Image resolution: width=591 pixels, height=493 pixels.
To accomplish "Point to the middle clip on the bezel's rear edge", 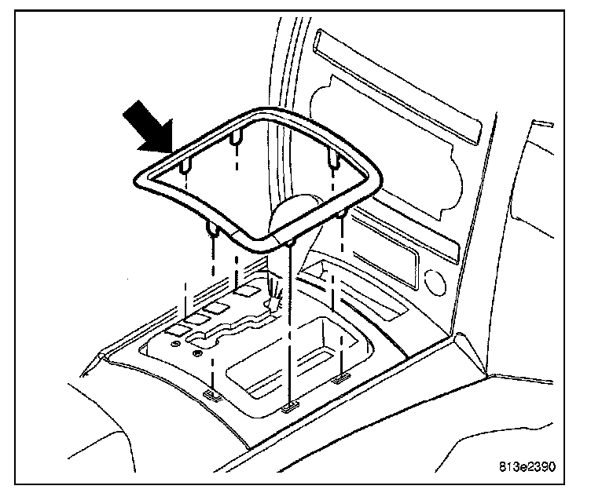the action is pyautogui.click(x=235, y=141).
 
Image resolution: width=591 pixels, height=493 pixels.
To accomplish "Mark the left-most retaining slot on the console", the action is pyautogui.click(x=211, y=393).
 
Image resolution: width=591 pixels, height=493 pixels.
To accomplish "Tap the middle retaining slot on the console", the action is pyautogui.click(x=288, y=407).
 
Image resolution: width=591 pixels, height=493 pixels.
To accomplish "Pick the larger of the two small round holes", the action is pyautogui.click(x=174, y=343).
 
